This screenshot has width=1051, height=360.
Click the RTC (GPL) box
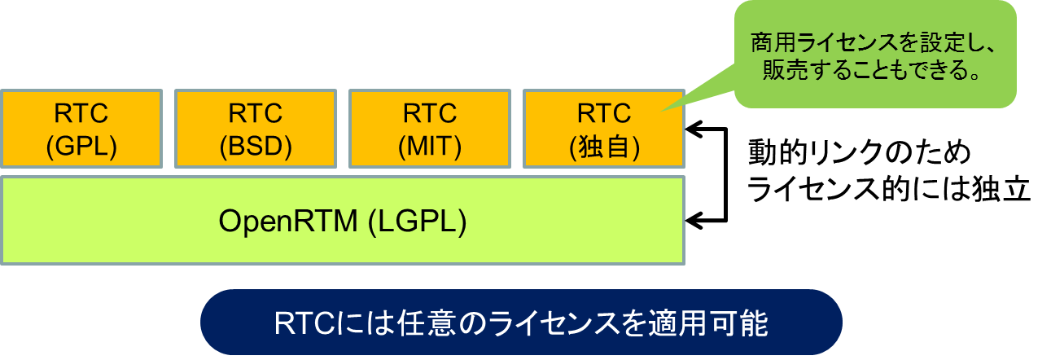coord(81,129)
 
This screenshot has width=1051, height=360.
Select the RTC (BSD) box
coord(256,129)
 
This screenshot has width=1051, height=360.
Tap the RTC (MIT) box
coord(430,129)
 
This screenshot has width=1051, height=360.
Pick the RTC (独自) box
coord(604,129)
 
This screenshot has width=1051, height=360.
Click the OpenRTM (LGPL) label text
coord(343,221)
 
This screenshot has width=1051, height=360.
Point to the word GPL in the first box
coord(81,146)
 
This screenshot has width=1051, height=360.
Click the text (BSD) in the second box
coord(256,146)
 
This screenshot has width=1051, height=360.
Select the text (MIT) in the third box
coord(430,146)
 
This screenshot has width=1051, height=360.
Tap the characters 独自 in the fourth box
coord(604,147)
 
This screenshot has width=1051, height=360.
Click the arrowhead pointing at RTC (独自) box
coord(694,129)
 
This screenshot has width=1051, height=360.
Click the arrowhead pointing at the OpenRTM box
coord(694,220)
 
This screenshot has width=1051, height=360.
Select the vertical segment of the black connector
coord(726,174)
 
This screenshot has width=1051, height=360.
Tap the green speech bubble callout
coord(874,54)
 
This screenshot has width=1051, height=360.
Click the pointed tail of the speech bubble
coord(663,111)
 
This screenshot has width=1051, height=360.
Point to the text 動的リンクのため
coord(860,152)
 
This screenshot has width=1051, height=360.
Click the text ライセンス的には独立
coord(889,189)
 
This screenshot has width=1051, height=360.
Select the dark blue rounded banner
coord(521,322)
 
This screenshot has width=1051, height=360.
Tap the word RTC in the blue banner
coord(304,323)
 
